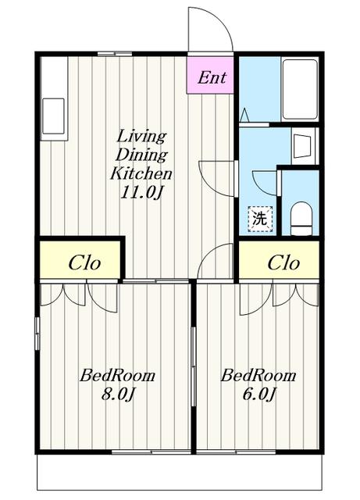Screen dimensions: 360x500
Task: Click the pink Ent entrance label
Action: click(x=212, y=77)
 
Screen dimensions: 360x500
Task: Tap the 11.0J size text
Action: click(x=141, y=192)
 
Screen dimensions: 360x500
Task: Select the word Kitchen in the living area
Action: click(x=141, y=173)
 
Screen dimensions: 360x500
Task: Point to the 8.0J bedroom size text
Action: click(x=117, y=394)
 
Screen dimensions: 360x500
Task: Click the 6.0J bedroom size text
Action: click(x=258, y=394)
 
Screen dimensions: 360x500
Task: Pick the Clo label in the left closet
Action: click(x=84, y=263)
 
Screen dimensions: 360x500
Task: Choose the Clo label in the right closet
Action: click(x=283, y=263)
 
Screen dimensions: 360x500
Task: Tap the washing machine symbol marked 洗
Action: click(x=260, y=219)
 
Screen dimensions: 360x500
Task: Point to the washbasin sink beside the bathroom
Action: click(x=301, y=146)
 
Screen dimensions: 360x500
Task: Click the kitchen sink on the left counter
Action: click(x=53, y=116)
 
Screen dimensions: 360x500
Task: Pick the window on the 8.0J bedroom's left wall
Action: click(x=37, y=334)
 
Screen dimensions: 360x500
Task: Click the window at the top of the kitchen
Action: click(x=115, y=54)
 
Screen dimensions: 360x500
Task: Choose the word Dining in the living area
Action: click(x=141, y=155)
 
